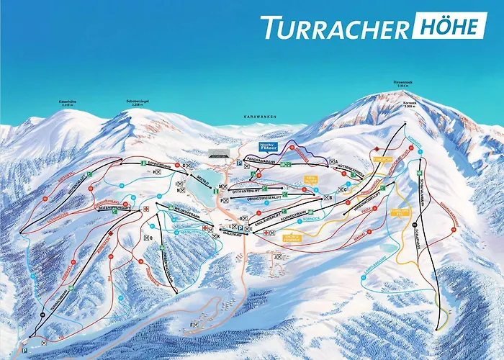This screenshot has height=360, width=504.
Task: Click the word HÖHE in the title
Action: (447, 27)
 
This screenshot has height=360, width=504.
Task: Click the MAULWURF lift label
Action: (230, 232)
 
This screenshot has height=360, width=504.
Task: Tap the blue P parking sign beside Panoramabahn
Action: (238, 163)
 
